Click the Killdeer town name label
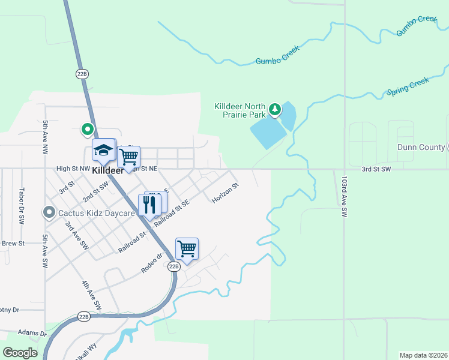[107, 170]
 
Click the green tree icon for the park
[275, 109]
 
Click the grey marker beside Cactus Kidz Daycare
[49, 212]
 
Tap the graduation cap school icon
[103, 151]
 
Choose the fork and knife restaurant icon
[149, 204]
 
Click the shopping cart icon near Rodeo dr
[187, 248]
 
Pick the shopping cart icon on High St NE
[128, 157]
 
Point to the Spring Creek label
[408, 87]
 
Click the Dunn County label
[420, 147]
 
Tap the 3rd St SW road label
[376, 169]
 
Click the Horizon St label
[226, 193]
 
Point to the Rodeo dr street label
[152, 263]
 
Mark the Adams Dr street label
[32, 333]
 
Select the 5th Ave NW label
[45, 137]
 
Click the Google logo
[20, 353]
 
